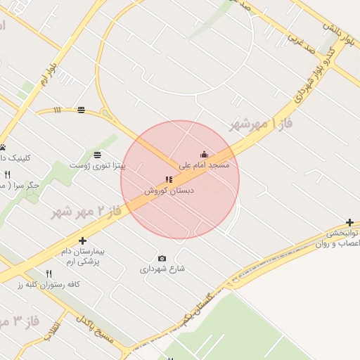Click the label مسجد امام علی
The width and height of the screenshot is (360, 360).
pyautogui.click(x=205, y=166)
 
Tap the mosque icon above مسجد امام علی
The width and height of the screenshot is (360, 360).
pyautogui.click(x=205, y=155)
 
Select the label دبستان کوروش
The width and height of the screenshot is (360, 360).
pyautogui.click(x=169, y=191)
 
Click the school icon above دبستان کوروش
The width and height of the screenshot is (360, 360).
pyautogui.click(x=169, y=179)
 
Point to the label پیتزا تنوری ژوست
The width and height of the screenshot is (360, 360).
pyautogui.click(x=97, y=166)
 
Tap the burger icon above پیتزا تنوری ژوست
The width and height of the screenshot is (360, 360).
pyautogui.click(x=97, y=155)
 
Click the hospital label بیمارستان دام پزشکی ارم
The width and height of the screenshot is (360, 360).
pyautogui.click(x=82, y=256)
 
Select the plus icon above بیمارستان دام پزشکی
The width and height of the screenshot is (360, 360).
pyautogui.click(x=82, y=240)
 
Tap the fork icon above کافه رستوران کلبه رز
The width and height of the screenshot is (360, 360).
pyautogui.click(x=49, y=274)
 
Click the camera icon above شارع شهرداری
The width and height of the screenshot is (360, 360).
pyautogui.click(x=162, y=258)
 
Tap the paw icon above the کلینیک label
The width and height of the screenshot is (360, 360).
pyautogui.click(x=3, y=147)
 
